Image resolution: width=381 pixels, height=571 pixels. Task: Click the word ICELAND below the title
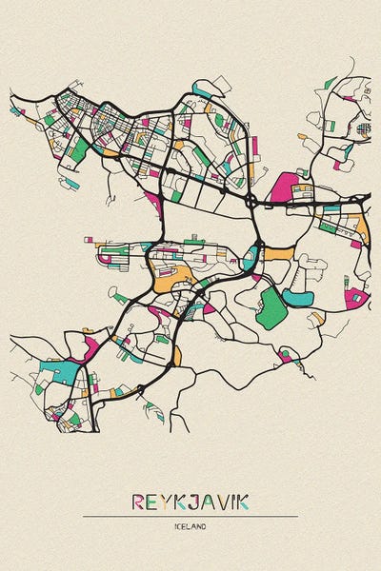point(190,526)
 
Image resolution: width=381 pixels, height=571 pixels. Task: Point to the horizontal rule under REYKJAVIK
point(190,517)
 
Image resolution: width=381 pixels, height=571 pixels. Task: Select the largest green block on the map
point(271,309)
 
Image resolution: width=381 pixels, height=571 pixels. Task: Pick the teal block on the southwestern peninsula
point(60,372)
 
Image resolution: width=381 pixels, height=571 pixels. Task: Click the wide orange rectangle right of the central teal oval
point(278,253)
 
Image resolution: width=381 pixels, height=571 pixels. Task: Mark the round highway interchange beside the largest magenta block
point(250,201)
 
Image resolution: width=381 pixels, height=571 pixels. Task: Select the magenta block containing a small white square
point(356,297)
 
